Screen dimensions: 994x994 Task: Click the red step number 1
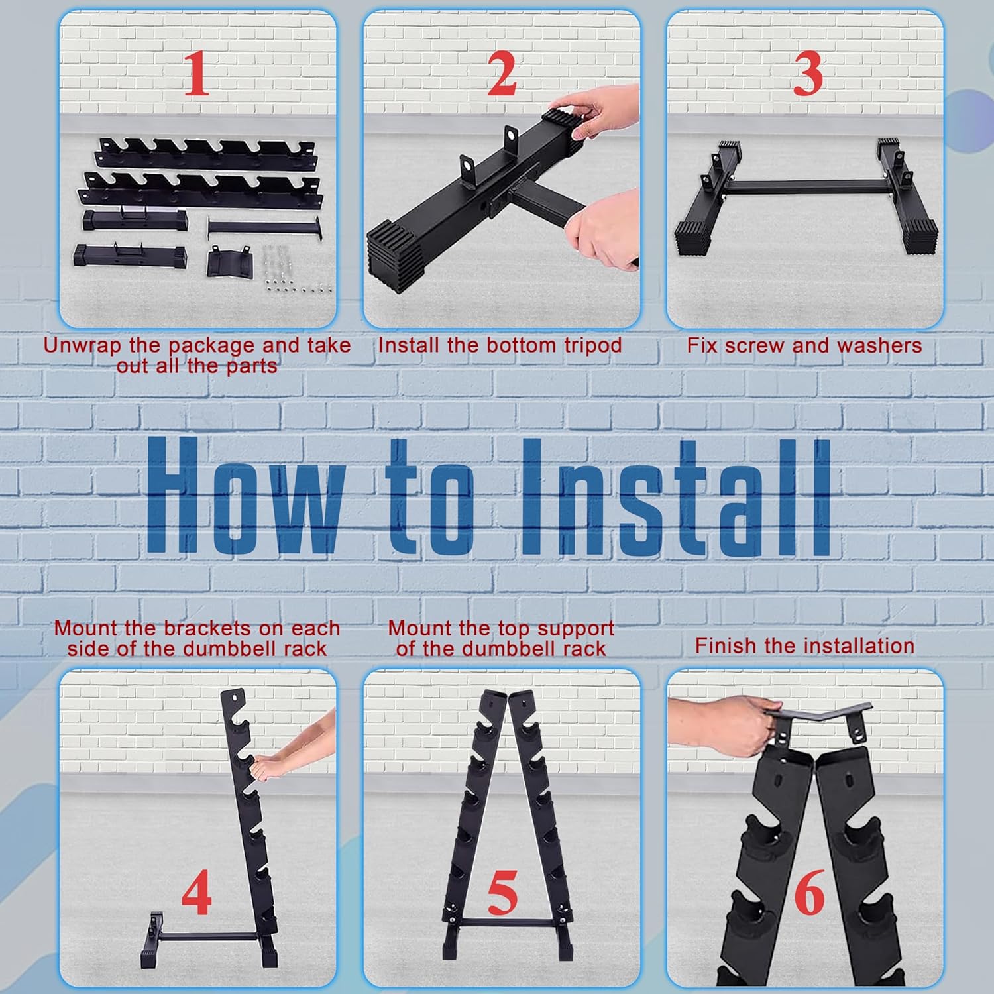[197, 73]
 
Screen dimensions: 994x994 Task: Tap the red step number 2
[502, 73]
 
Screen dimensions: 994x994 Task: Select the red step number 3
[808, 73]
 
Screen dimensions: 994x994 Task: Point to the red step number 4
[197, 893]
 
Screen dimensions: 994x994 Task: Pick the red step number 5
[502, 893]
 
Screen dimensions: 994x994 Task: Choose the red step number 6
[809, 893]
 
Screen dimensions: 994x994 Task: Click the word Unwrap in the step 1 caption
[83, 346]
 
